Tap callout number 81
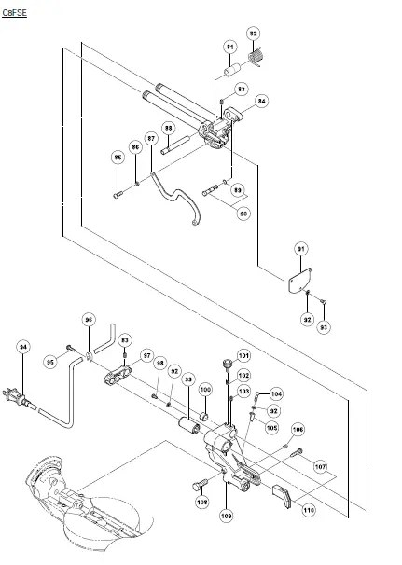pos(229,47)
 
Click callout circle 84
pos(261,101)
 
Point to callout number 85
pos(118,157)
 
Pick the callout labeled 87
pos(151,138)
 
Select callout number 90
pos(243,214)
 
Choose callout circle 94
pos(23,347)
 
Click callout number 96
pos(90,319)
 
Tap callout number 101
pos(243,355)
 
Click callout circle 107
pos(320,465)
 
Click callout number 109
pos(227,515)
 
